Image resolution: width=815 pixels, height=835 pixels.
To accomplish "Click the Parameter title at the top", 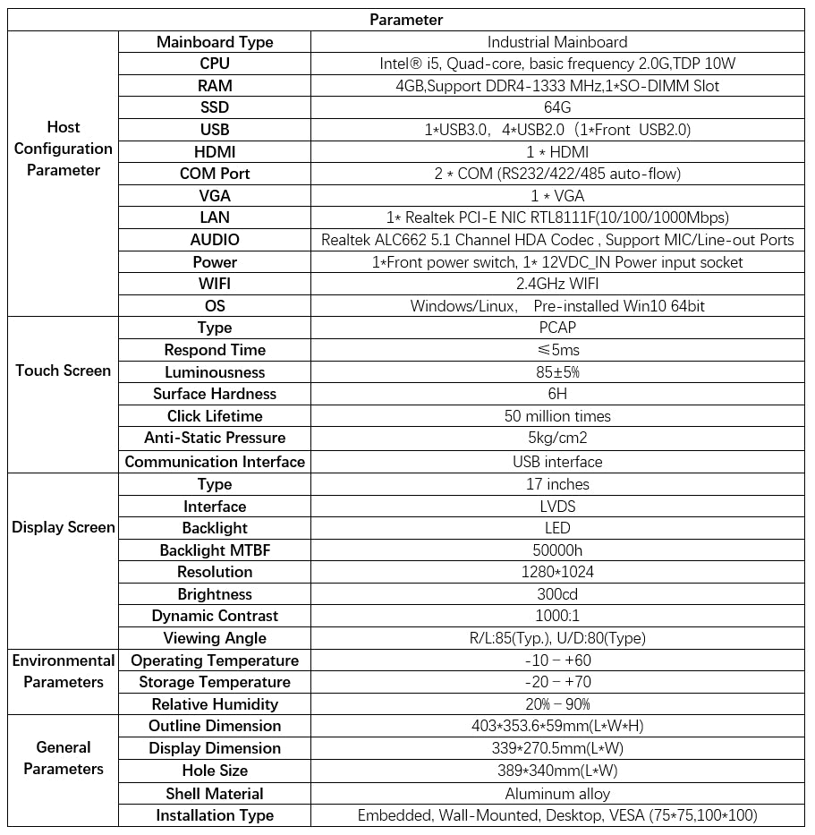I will pyautogui.click(x=406, y=20).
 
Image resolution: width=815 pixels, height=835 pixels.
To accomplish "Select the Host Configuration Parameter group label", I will pyautogui.click(x=64, y=149).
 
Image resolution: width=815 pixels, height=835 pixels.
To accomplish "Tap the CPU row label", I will pyautogui.click(x=215, y=64).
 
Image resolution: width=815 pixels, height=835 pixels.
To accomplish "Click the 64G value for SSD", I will pyautogui.click(x=557, y=107).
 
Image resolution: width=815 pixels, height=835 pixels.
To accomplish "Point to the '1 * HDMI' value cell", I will pyautogui.click(x=557, y=151).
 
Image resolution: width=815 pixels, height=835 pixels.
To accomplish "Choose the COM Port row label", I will pyautogui.click(x=215, y=174).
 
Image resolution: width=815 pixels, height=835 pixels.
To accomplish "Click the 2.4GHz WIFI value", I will pyautogui.click(x=557, y=284).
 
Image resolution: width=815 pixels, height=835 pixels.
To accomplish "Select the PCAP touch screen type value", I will pyautogui.click(x=557, y=328).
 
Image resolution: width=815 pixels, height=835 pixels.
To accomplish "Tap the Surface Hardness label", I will pyautogui.click(x=215, y=394).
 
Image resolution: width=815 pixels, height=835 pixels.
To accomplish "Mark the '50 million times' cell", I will pyautogui.click(x=557, y=416).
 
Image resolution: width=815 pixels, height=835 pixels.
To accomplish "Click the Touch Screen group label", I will pyautogui.click(x=64, y=371).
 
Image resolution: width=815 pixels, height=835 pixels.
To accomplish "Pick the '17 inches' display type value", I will pyautogui.click(x=557, y=484).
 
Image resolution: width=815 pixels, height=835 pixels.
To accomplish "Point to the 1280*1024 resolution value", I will pyautogui.click(x=557, y=572).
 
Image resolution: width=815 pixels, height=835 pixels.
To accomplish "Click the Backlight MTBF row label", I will pyautogui.click(x=215, y=550).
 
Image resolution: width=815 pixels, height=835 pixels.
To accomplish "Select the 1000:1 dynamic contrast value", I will pyautogui.click(x=557, y=616).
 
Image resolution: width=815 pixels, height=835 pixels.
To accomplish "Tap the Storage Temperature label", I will pyautogui.click(x=215, y=682).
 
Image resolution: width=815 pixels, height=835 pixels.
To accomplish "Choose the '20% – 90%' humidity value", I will pyautogui.click(x=557, y=704).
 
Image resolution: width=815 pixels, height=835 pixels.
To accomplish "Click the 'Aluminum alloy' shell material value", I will pyautogui.click(x=557, y=794).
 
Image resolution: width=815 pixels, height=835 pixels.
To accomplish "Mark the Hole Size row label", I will pyautogui.click(x=215, y=771).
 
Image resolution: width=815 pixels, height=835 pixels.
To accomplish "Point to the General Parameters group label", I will pyautogui.click(x=64, y=758).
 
